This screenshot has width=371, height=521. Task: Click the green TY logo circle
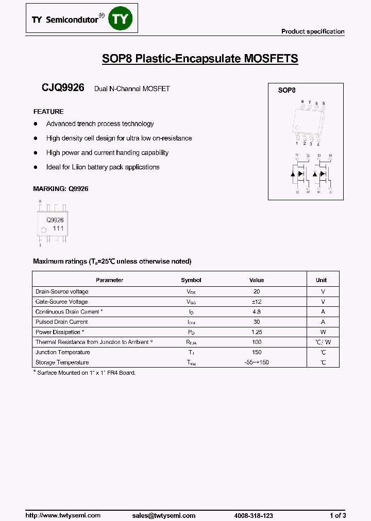point(122,19)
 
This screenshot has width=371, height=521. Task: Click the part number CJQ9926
point(63,88)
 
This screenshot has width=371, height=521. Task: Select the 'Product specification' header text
point(312,31)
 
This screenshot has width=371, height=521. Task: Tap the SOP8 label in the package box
point(286,90)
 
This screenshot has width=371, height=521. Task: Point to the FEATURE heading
point(48,112)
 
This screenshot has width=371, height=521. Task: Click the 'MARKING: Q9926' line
point(61,189)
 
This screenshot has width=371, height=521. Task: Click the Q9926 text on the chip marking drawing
point(55,220)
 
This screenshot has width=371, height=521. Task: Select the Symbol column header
point(191,280)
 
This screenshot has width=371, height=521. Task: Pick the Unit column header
point(321,280)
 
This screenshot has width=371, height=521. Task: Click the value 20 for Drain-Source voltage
point(256,291)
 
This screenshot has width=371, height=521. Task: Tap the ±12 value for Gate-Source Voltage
point(256,302)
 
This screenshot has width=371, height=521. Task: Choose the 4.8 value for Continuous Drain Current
point(256,311)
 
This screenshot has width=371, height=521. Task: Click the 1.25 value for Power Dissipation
point(256,332)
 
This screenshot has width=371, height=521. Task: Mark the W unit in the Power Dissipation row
point(323,332)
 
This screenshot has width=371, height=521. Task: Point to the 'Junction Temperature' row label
point(62,352)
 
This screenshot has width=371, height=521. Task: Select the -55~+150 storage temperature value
point(256,362)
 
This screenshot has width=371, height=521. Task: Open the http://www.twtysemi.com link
point(63,515)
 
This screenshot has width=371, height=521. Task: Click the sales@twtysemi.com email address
point(164,515)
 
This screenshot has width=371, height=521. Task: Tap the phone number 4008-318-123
point(253,515)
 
